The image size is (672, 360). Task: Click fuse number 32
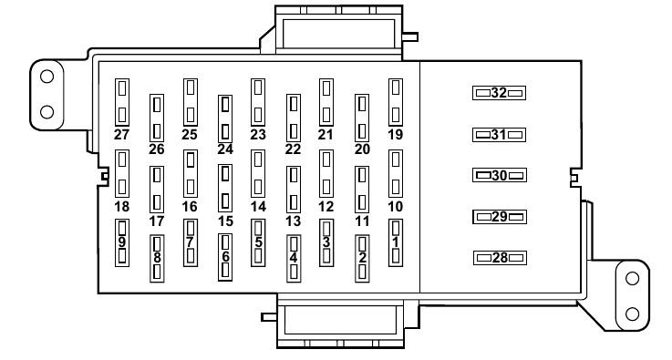499,93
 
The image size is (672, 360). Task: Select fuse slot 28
500,258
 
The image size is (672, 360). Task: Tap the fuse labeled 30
500,175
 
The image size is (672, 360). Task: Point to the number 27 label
121,135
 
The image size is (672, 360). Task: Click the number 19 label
395,135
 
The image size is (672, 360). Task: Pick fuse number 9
122,243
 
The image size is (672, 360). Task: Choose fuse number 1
396,242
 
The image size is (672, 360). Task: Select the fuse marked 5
258,242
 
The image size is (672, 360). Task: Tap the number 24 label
225,149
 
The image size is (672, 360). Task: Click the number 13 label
293,221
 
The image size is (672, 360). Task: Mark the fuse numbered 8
157,259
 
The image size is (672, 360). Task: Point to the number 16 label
190,207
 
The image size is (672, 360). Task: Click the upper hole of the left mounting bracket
47,77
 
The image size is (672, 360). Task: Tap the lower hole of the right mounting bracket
632,314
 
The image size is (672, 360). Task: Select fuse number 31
499,135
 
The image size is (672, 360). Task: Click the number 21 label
326,135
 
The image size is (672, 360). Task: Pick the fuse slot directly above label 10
396,173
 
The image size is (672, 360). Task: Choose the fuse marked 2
362,259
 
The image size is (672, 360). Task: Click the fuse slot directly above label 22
293,118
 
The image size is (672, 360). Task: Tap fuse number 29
500,217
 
